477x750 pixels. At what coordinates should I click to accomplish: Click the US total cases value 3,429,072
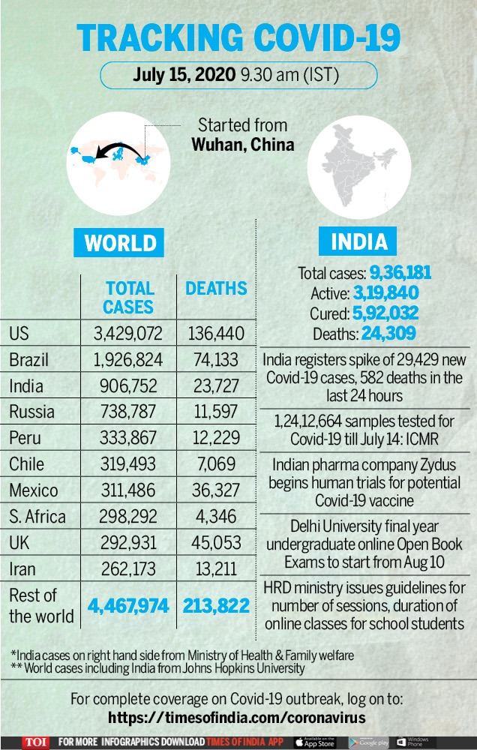(x=127, y=334)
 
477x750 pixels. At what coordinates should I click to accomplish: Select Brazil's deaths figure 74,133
(x=216, y=360)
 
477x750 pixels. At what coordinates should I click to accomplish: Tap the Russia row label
(x=31, y=412)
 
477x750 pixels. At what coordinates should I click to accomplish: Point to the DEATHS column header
(x=216, y=289)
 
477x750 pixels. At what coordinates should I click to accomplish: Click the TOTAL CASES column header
(x=129, y=298)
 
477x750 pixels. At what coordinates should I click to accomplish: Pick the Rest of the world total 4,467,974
(x=128, y=606)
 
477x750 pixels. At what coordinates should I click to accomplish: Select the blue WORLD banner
(x=118, y=242)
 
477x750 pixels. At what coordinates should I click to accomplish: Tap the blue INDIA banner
(x=358, y=241)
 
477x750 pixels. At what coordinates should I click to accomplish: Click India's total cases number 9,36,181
(x=400, y=273)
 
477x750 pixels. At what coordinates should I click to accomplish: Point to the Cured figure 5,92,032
(x=385, y=313)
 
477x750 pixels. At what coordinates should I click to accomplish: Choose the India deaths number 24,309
(x=388, y=334)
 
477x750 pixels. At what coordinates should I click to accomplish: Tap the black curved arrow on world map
(x=119, y=151)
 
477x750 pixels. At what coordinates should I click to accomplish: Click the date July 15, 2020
(x=184, y=75)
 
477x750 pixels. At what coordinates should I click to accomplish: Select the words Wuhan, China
(x=243, y=145)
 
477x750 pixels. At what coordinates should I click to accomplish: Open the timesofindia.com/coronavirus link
(x=237, y=718)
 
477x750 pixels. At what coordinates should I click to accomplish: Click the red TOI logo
(x=35, y=742)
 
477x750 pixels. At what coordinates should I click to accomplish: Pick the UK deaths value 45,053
(x=216, y=543)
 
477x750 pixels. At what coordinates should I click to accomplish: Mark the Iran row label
(x=22, y=569)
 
